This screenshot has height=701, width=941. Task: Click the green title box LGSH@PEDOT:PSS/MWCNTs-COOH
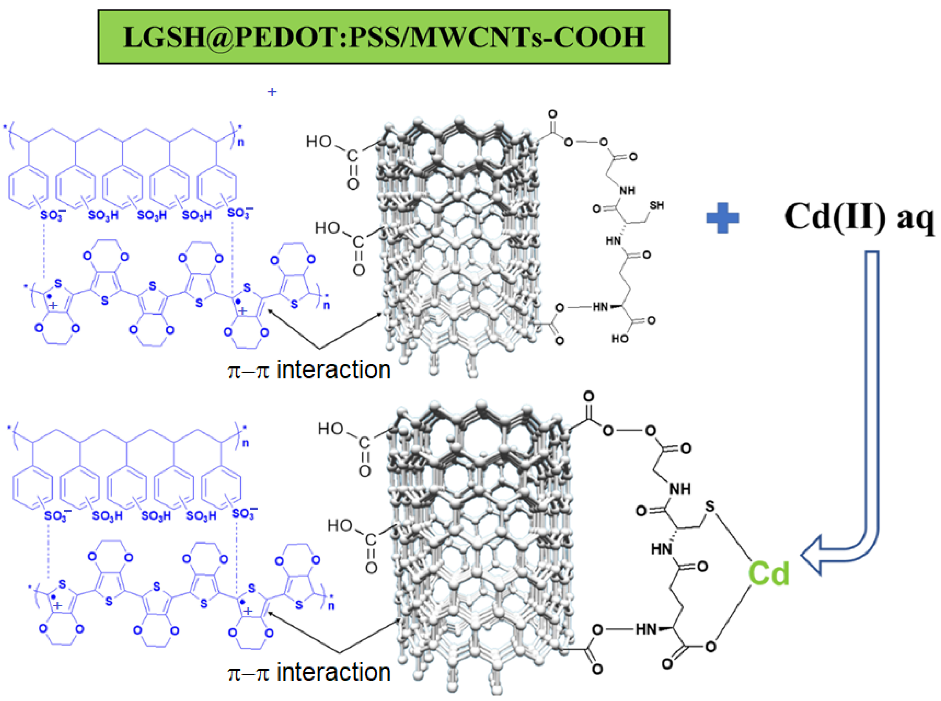coord(384,37)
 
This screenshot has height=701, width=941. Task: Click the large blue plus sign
coord(722,217)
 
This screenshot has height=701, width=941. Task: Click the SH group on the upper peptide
coord(657,205)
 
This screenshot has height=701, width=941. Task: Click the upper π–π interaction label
coord(309,370)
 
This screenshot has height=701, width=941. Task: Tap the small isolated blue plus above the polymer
coord(272,91)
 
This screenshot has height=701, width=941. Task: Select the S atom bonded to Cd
coord(709,506)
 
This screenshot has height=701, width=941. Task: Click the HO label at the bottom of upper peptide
coord(620,339)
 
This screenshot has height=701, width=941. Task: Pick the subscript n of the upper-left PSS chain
coord(241,142)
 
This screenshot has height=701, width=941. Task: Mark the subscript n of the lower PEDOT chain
coord(331,606)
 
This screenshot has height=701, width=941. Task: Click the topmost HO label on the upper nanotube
coord(318,141)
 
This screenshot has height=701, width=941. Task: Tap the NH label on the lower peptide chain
coord(680,489)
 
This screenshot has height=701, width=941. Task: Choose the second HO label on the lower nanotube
coord(339,526)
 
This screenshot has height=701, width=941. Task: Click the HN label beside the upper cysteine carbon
coord(613,241)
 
